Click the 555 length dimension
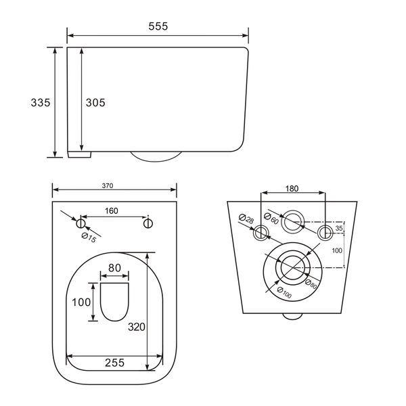point(158,26)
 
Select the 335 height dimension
point(41,103)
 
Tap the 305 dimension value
point(95,103)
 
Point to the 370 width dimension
point(108,185)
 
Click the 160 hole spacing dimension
point(112,210)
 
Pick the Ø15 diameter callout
point(89,238)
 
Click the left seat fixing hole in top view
point(81,223)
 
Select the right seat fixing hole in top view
point(148,223)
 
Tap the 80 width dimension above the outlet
point(114,268)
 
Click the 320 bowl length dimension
point(137,327)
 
